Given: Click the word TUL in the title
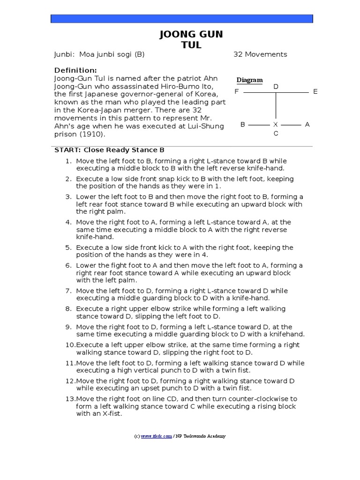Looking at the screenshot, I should [x=191, y=45].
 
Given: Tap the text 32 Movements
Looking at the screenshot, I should [x=260, y=54].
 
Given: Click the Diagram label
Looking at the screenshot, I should [x=249, y=80].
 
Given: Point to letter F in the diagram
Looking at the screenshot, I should [x=237, y=91].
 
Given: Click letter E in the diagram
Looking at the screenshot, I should [x=315, y=91].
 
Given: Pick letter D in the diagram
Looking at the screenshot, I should [x=276, y=87].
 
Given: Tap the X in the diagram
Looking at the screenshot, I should [x=276, y=125].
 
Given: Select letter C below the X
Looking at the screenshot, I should [x=276, y=134].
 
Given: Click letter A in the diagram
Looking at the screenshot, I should [x=307, y=125].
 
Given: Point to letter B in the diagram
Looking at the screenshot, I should [x=243, y=125].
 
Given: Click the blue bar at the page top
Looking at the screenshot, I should [x=182, y=19].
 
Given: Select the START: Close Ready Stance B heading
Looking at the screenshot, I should [x=109, y=150].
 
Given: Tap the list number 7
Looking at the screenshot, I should [x=68, y=291].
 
